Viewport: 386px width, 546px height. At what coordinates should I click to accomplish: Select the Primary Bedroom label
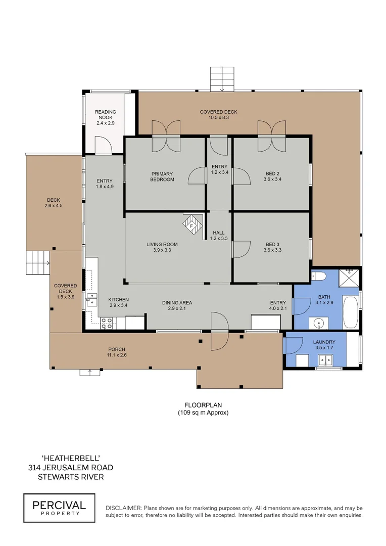[162, 176]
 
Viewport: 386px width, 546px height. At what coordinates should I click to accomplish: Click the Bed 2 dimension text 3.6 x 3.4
[271, 179]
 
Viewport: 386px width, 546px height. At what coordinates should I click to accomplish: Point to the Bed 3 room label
[271, 244]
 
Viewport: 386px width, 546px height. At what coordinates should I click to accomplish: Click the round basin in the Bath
[319, 322]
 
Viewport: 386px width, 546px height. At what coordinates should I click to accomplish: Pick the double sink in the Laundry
[325, 360]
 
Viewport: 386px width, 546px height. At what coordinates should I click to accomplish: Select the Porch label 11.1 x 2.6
[117, 352]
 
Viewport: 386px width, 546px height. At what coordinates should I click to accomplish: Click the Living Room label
[162, 247]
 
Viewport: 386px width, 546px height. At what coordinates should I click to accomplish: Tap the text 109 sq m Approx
[203, 413]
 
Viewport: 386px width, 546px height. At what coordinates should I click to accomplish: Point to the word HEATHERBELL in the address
[71, 458]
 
